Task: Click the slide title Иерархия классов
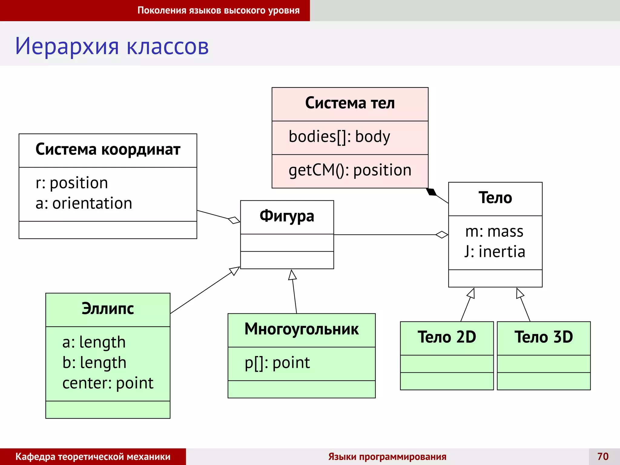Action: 112,46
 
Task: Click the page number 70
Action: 603,456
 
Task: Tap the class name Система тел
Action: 350,103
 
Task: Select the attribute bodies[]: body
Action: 339,137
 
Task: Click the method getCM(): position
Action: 350,170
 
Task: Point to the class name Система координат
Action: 108,149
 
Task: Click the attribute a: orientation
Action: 84,203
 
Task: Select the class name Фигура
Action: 287,216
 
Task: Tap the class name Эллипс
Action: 108,308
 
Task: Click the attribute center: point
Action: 108,383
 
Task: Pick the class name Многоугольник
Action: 302,329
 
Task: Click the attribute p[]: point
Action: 277,363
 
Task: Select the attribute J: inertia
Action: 495,252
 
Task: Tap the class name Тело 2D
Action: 447,337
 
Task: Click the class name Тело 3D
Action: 544,337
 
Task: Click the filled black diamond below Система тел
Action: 431,192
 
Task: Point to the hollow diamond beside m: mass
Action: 442,235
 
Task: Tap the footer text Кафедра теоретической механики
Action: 93,457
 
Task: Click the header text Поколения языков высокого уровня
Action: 219,10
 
